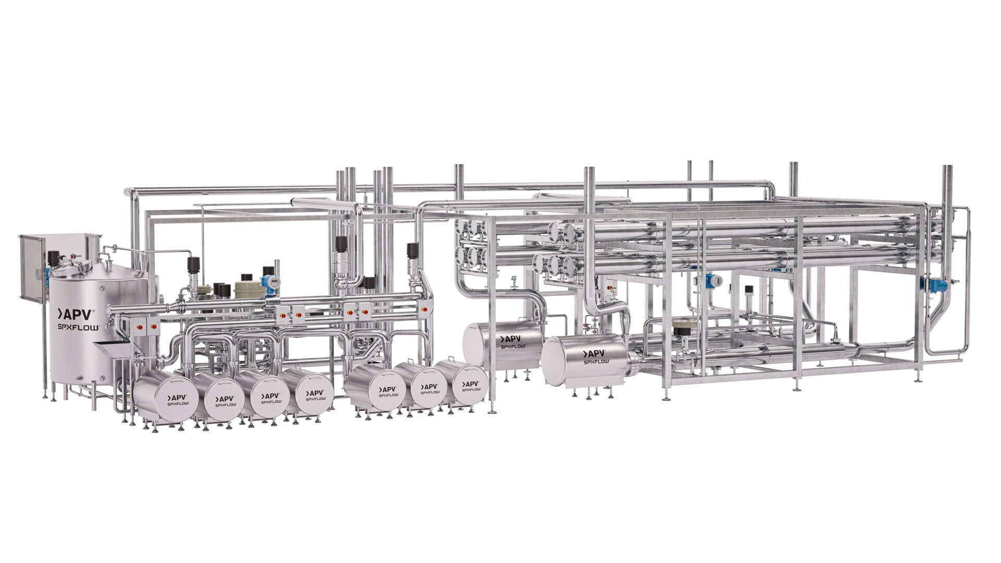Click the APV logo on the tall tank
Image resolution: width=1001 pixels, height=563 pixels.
(x=76, y=314)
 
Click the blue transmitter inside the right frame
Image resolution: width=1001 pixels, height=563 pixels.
(x=711, y=280)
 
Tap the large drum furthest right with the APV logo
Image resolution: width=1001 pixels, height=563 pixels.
(x=587, y=359)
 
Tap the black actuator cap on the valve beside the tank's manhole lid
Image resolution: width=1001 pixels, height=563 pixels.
(x=54, y=257)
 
